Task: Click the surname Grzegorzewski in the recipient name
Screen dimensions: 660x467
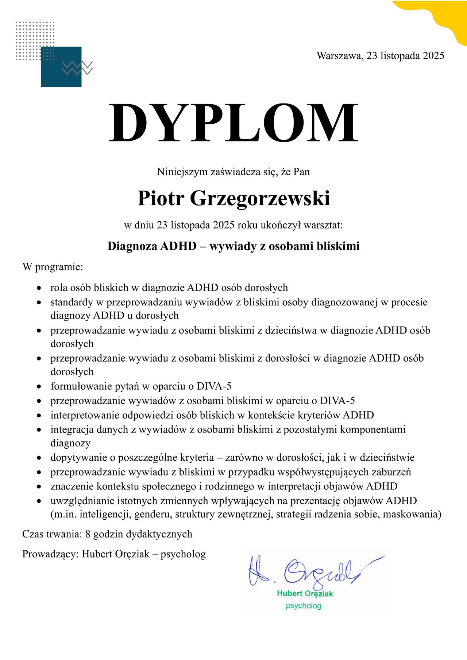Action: click(x=260, y=198)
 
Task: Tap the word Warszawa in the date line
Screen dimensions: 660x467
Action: click(x=339, y=56)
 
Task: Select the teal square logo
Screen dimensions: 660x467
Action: click(x=61, y=67)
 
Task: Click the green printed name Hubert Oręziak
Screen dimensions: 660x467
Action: click(x=305, y=593)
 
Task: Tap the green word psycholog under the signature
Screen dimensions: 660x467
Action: click(x=303, y=606)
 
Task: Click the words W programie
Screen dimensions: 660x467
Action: click(x=53, y=267)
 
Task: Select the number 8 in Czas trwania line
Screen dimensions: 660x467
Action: click(x=88, y=534)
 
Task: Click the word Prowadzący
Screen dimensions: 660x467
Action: click(x=50, y=554)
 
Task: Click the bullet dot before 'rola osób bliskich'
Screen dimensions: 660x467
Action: click(x=39, y=288)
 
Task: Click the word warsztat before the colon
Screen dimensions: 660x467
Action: click(x=322, y=225)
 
